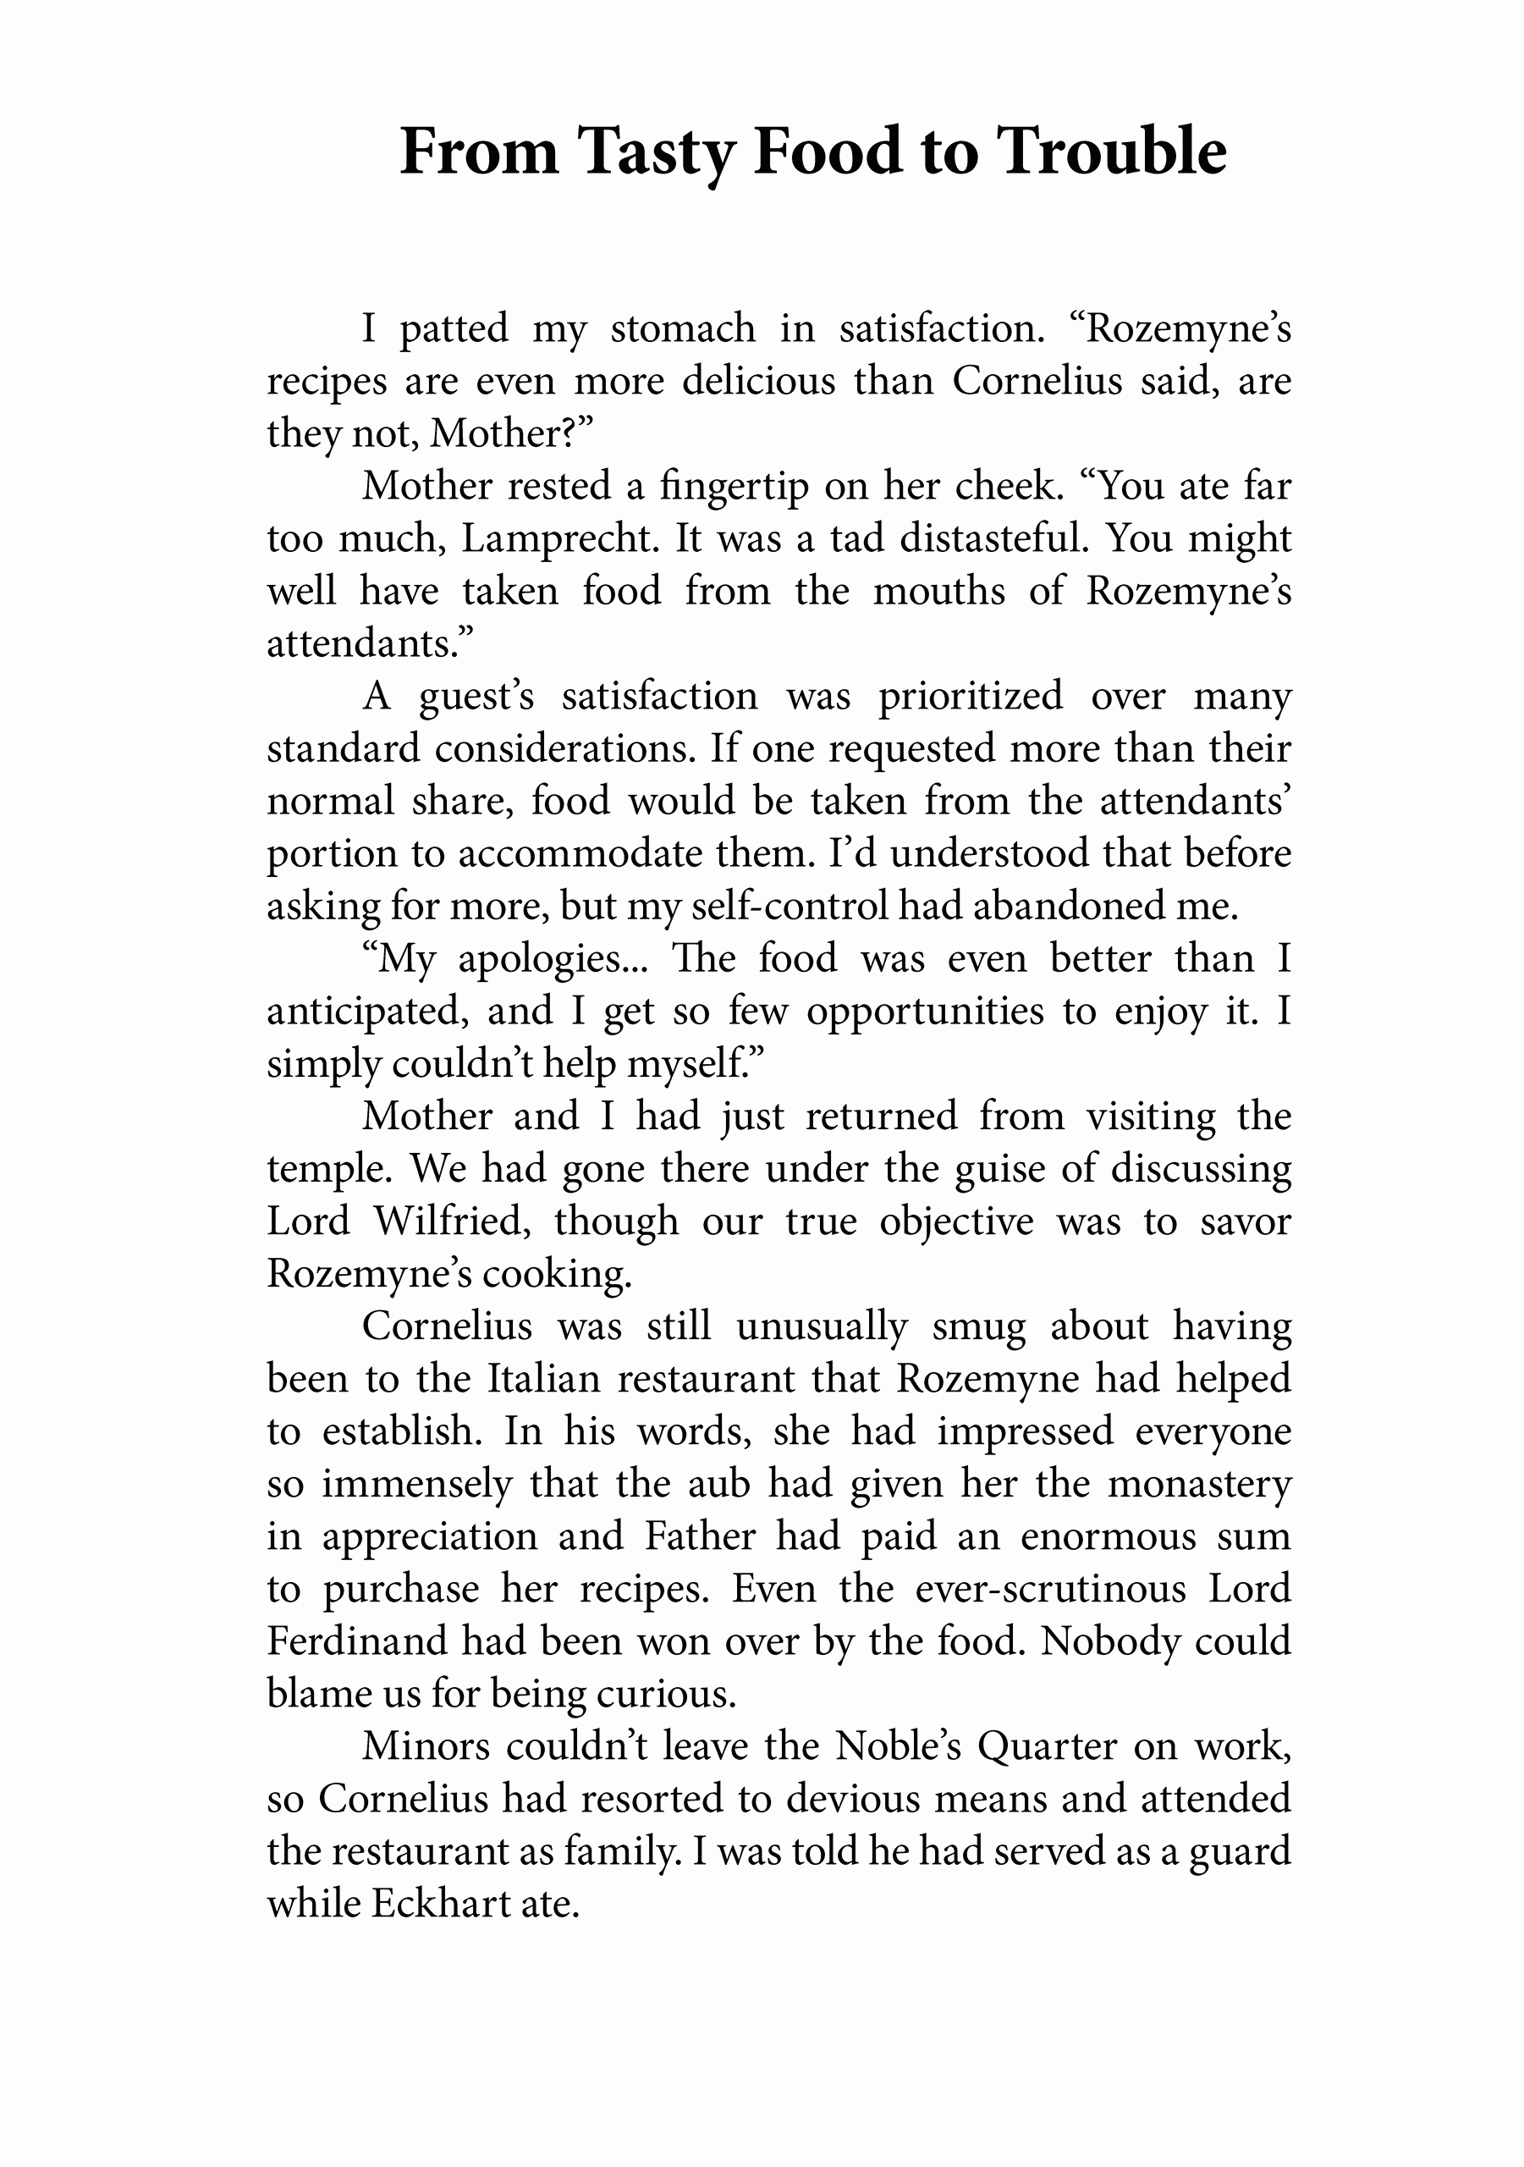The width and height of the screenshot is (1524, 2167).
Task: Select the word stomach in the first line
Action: [x=682, y=328]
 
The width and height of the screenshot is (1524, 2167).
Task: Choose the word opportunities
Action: [x=925, y=1012]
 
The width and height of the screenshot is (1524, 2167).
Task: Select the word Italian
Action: [x=543, y=1380]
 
